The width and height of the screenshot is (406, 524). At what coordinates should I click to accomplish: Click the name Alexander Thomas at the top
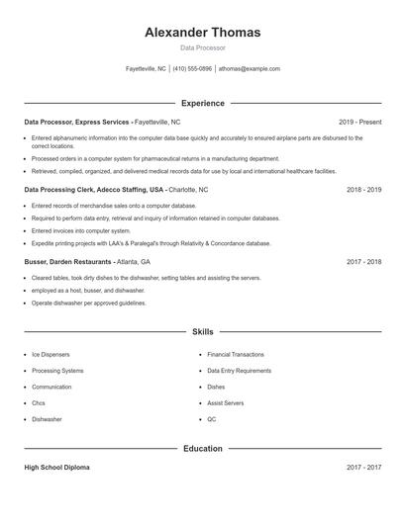[203, 33]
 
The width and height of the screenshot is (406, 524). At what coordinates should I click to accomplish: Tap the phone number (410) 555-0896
[192, 69]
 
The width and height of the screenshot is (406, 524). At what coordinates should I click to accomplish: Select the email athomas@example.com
[250, 69]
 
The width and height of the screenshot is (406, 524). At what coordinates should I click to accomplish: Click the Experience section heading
[203, 103]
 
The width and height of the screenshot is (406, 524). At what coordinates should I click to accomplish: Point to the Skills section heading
[203, 332]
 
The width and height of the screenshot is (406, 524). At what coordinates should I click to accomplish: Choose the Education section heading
[203, 448]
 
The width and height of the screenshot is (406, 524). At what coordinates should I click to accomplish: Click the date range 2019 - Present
[359, 122]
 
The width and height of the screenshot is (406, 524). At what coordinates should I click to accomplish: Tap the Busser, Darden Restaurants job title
[69, 262]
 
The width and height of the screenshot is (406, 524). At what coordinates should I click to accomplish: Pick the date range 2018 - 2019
[363, 189]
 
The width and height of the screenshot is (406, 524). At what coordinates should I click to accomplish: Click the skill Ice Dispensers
[51, 354]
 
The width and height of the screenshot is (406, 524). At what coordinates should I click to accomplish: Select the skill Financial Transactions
[236, 354]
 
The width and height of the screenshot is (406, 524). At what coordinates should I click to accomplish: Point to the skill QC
[212, 419]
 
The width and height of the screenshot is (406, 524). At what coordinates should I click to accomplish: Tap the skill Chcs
[39, 403]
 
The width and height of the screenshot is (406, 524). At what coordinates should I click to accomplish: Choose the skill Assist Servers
[226, 403]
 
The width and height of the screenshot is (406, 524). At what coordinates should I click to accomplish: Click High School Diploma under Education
[56, 468]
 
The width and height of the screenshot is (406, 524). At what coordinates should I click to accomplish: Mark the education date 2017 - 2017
[363, 468]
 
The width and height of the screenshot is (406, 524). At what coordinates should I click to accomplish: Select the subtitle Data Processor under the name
[203, 47]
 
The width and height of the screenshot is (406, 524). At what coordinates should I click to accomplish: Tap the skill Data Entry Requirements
[239, 371]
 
